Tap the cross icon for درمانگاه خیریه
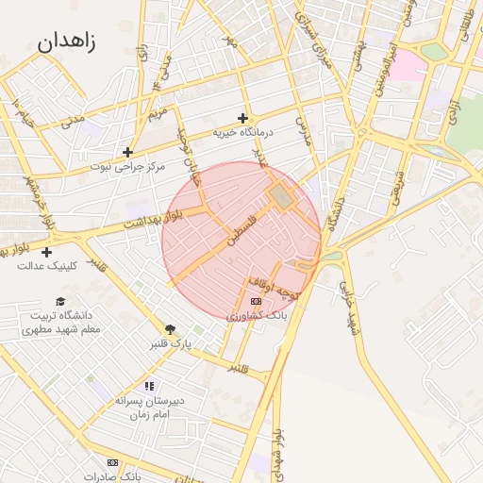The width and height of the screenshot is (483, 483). coord(242,119)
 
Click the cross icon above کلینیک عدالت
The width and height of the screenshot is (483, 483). coord(46,252)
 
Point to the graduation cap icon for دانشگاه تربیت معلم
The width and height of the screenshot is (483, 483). coord(60,302)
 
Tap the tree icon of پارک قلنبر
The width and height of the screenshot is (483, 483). coord(170,329)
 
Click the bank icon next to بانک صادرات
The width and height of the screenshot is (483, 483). coord(113,463)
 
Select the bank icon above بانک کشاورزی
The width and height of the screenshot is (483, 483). coord(255,301)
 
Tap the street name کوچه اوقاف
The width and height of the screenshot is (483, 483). coord(274,287)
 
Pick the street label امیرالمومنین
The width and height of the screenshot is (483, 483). coord(381,74)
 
